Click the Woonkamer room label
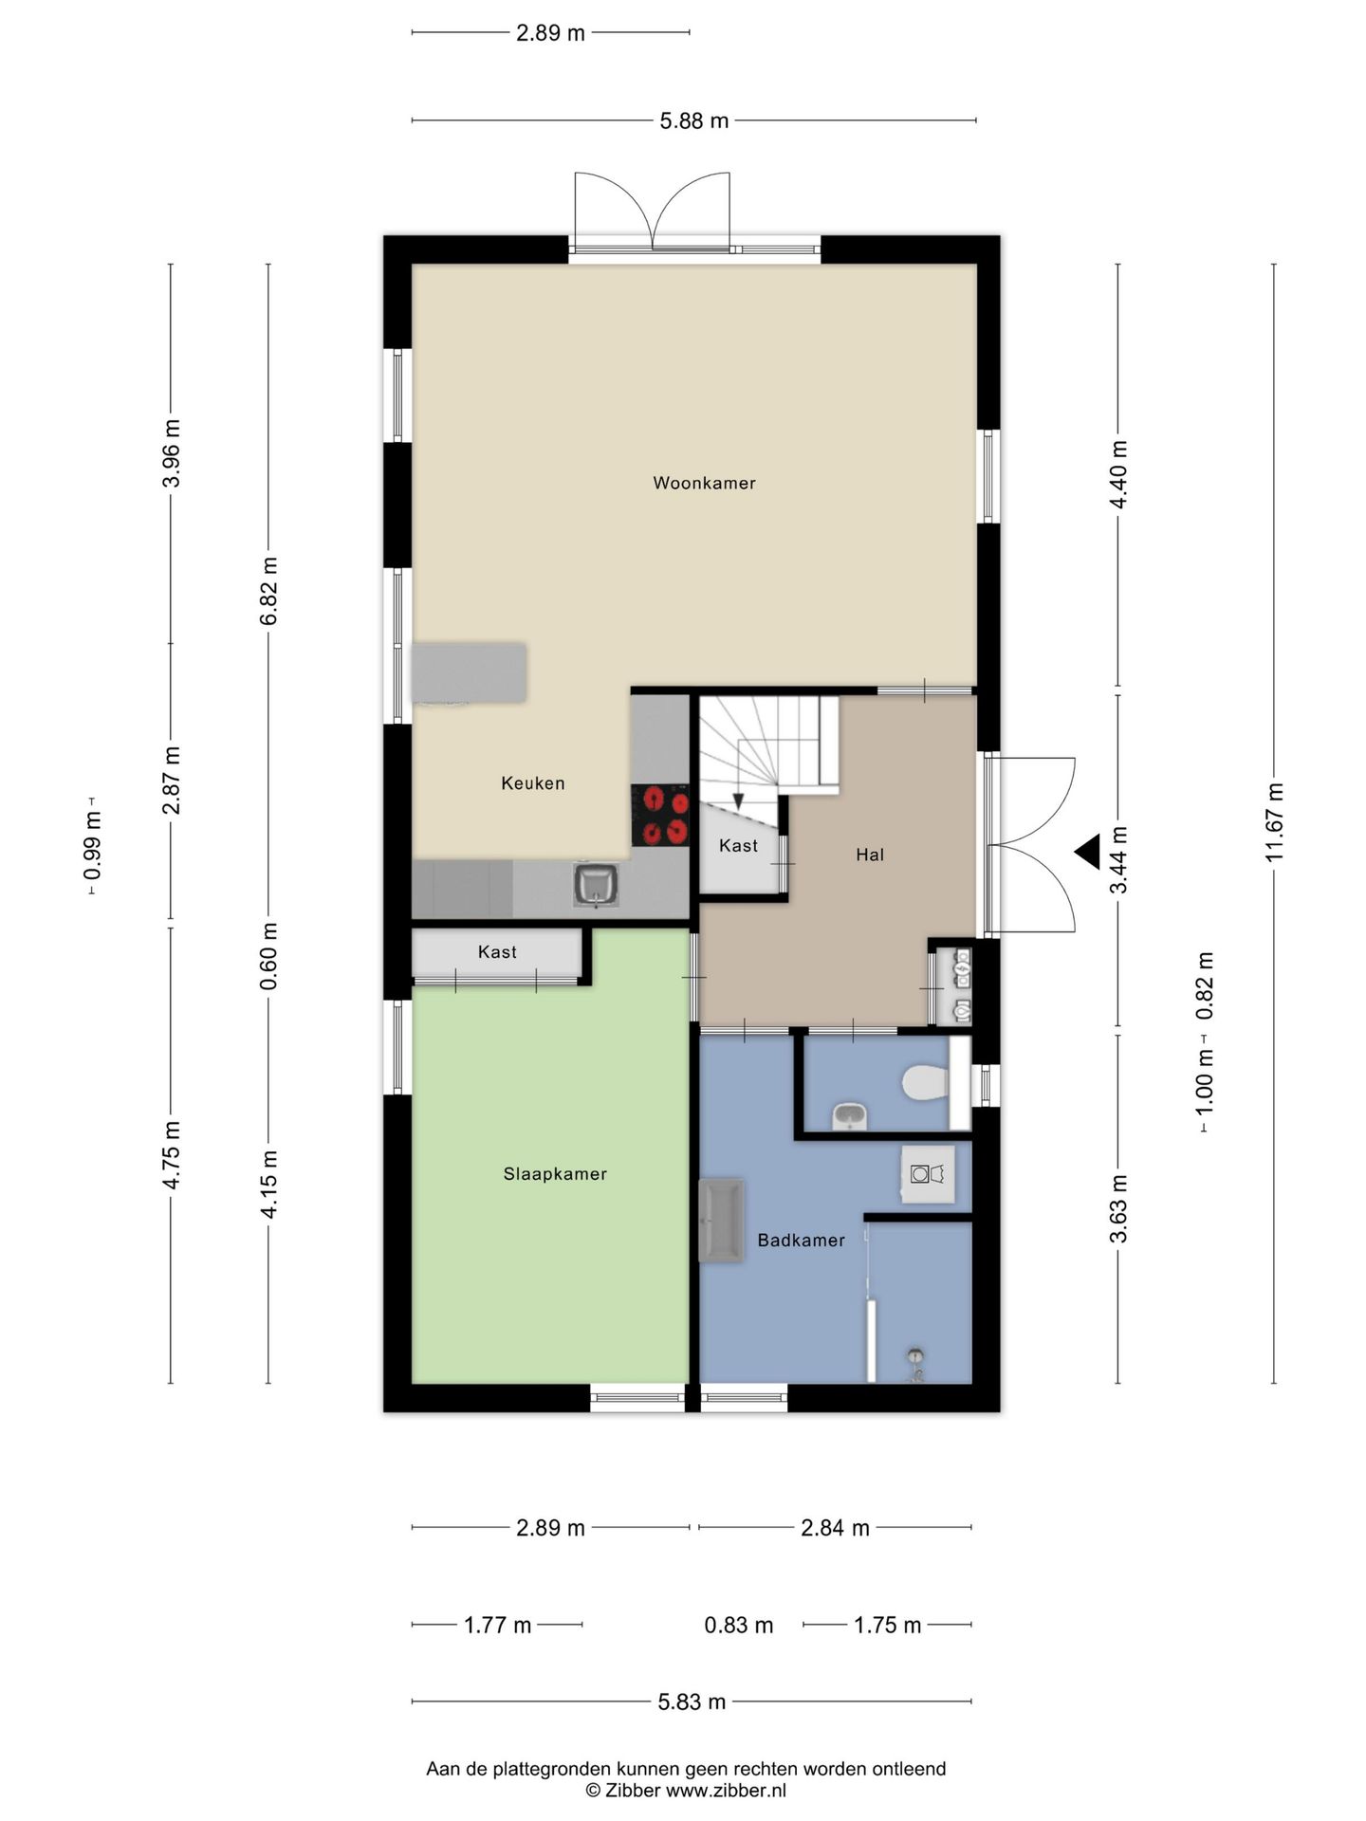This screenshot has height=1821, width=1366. [x=704, y=483]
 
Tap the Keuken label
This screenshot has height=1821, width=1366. [x=533, y=783]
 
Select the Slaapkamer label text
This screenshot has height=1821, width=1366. [x=555, y=1174]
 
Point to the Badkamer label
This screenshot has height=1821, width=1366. [x=801, y=1240]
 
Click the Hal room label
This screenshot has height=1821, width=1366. [x=870, y=855]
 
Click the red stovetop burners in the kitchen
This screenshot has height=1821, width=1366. [x=660, y=815]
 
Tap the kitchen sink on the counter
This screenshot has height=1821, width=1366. [x=597, y=885]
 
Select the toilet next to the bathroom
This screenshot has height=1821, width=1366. [x=925, y=1083]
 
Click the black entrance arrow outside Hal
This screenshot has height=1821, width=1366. [x=1087, y=852]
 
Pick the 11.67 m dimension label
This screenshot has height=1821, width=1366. [x=1274, y=822]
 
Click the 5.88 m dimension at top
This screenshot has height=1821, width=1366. [x=694, y=120]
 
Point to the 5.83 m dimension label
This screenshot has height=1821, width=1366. [x=692, y=1701]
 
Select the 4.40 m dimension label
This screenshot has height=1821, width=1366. [x=1118, y=474]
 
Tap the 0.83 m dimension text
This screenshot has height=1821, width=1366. [x=739, y=1625]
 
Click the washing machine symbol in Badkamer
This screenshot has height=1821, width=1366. [x=927, y=1174]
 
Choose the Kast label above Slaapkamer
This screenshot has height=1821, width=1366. [x=497, y=952]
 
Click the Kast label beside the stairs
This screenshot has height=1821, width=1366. [x=738, y=845]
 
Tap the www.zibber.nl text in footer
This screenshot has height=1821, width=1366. [x=726, y=1791]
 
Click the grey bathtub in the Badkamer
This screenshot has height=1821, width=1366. [x=721, y=1221]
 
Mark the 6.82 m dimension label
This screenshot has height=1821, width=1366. [x=268, y=590]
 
